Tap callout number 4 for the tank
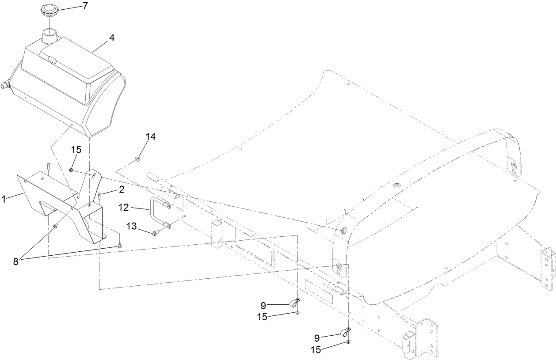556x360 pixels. point(112,38)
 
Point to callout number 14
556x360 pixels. point(151,136)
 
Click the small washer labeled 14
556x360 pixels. point(137,157)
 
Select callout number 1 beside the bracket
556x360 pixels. point(4,200)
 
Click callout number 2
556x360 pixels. point(121,190)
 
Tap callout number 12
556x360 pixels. point(125,206)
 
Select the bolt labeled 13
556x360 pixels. point(155,233)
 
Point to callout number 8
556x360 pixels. point(15,261)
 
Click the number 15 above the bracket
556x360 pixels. point(76,150)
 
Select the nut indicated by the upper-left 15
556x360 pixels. point(71,170)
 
